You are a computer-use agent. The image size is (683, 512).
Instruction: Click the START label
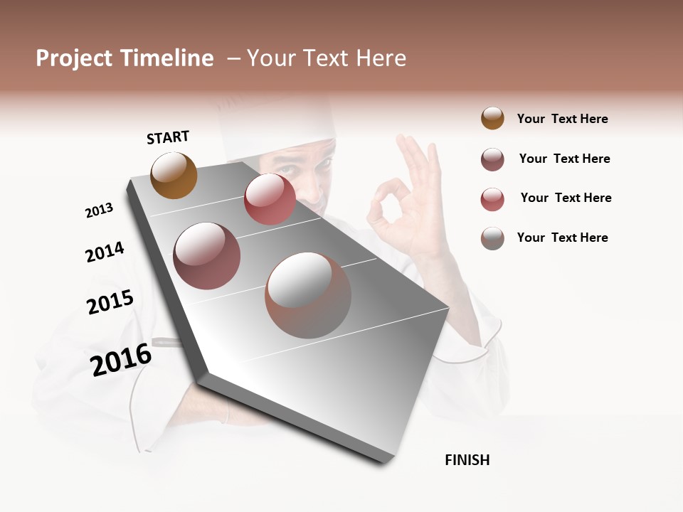(x=168, y=137)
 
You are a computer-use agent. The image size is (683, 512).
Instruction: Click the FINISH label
(x=467, y=460)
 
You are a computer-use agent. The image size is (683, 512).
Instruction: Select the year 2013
(x=99, y=210)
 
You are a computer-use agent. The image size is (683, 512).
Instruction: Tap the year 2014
(x=105, y=252)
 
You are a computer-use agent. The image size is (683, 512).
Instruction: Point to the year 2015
(x=110, y=302)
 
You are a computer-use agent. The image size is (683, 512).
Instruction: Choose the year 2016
(x=121, y=359)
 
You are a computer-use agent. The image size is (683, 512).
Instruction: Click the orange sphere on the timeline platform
(x=174, y=175)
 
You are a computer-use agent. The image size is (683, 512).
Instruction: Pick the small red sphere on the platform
(x=270, y=199)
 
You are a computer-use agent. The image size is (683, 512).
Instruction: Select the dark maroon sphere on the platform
(x=206, y=256)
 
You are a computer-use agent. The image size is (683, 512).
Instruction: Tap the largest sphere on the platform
(x=308, y=295)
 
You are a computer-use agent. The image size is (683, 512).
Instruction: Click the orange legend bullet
(x=492, y=119)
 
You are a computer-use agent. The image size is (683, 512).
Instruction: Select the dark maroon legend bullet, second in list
(x=492, y=159)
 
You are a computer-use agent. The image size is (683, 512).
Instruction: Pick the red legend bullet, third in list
(x=492, y=198)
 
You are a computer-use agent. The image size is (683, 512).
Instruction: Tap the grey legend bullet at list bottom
(x=492, y=238)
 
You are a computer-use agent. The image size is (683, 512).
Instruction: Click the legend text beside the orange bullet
(x=562, y=119)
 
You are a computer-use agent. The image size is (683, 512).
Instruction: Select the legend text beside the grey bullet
(x=562, y=238)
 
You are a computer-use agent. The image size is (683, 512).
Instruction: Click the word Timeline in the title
(x=166, y=58)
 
